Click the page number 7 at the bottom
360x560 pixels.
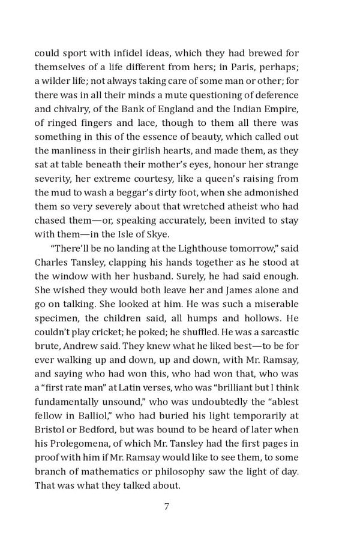click(167, 507)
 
